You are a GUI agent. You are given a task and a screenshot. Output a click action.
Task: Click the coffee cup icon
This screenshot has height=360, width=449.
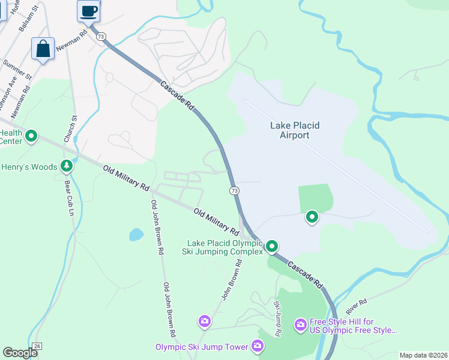89,11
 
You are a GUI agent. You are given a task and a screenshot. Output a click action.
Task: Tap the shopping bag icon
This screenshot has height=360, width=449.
43,49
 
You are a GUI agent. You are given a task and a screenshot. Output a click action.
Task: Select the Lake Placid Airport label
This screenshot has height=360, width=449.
295,130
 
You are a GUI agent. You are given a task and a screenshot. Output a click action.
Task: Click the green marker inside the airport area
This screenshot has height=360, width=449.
312,217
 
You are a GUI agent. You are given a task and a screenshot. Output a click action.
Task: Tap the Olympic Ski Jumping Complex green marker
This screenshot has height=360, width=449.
272,246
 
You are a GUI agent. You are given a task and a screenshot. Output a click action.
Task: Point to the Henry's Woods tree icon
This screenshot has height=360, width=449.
66,166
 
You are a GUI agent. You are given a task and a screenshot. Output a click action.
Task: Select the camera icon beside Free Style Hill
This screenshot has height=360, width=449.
300,325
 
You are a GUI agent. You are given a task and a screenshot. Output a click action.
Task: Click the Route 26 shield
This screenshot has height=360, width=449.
37,346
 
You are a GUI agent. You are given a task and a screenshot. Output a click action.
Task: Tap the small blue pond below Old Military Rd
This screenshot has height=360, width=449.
136,234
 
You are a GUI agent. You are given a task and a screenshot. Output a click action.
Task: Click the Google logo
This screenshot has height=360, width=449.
20,353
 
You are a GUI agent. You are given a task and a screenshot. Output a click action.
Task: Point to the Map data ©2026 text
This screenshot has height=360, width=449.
424,355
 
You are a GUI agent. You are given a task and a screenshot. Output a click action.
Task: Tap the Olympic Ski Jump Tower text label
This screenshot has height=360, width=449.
201,347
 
